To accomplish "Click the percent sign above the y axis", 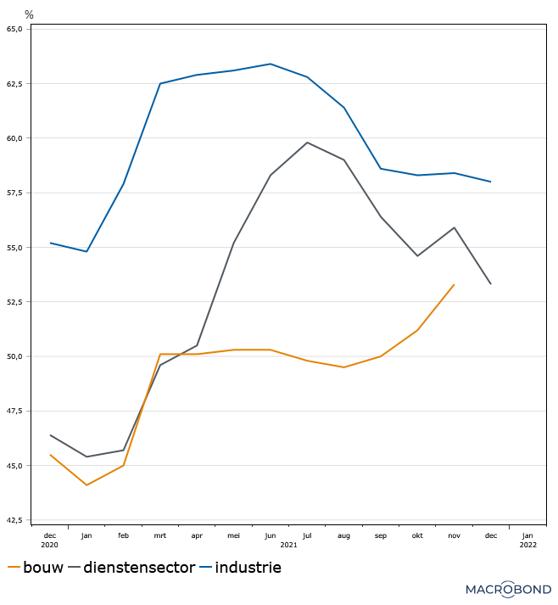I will coord(29,14).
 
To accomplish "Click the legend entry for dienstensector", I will coord(139,568).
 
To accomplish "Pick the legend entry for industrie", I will coord(247,568).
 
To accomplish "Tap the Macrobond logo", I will coord(508,588).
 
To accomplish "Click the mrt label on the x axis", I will coord(160,535).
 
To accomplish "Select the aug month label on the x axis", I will coord(343,535).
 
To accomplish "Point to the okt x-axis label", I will coord(417,535).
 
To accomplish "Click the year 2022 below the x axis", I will coord(527,545).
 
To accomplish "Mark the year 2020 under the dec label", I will coord(50,545).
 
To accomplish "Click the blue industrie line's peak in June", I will coord(271,64).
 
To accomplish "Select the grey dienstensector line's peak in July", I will coord(307,143).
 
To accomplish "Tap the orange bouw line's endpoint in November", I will coord(454,285).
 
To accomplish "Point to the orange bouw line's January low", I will coord(86,485).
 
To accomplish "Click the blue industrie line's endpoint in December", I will coord(491,182).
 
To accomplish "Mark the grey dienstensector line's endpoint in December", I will coord(491,284).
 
